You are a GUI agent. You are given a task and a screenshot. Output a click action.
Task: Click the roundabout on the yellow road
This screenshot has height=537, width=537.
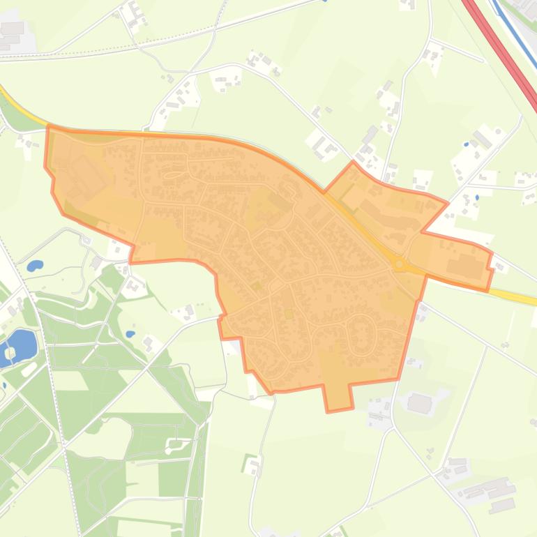pyautogui.click(x=400, y=264)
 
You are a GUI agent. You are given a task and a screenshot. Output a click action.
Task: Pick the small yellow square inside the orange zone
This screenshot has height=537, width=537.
pyautogui.click(x=289, y=294)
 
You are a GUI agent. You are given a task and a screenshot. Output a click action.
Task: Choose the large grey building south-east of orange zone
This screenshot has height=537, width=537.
pyautogui.click(x=419, y=403)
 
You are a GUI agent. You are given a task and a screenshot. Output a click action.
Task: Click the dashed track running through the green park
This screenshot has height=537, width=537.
pyautogui.click(x=56, y=391)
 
